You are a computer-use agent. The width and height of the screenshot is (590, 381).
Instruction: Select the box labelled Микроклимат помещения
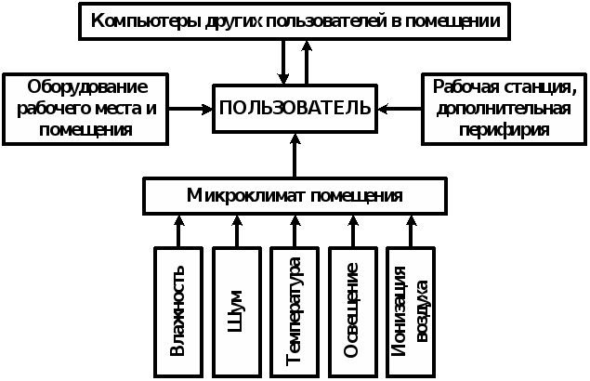click(x=295, y=196)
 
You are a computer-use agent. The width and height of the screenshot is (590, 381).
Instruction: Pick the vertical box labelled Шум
click(x=237, y=310)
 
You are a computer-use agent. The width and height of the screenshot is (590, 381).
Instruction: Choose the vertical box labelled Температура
click(x=295, y=310)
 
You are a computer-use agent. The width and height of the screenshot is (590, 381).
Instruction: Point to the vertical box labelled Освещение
click(x=352, y=310)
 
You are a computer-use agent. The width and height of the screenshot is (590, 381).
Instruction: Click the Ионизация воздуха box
click(x=411, y=310)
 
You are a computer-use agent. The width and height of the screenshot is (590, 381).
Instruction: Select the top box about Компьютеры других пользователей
click(x=295, y=20)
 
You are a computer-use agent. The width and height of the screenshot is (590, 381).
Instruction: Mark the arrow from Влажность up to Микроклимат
click(x=180, y=230)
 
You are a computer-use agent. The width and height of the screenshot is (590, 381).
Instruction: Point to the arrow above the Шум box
click(x=237, y=230)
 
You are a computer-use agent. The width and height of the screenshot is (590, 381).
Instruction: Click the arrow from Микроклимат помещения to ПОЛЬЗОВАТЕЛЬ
click(x=295, y=154)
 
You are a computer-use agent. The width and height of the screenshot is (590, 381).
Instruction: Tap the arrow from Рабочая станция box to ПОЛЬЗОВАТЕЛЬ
click(x=399, y=109)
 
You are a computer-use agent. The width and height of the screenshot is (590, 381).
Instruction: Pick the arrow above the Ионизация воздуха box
click(x=411, y=230)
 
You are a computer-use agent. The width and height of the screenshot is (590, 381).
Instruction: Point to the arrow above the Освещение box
click(x=353, y=230)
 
